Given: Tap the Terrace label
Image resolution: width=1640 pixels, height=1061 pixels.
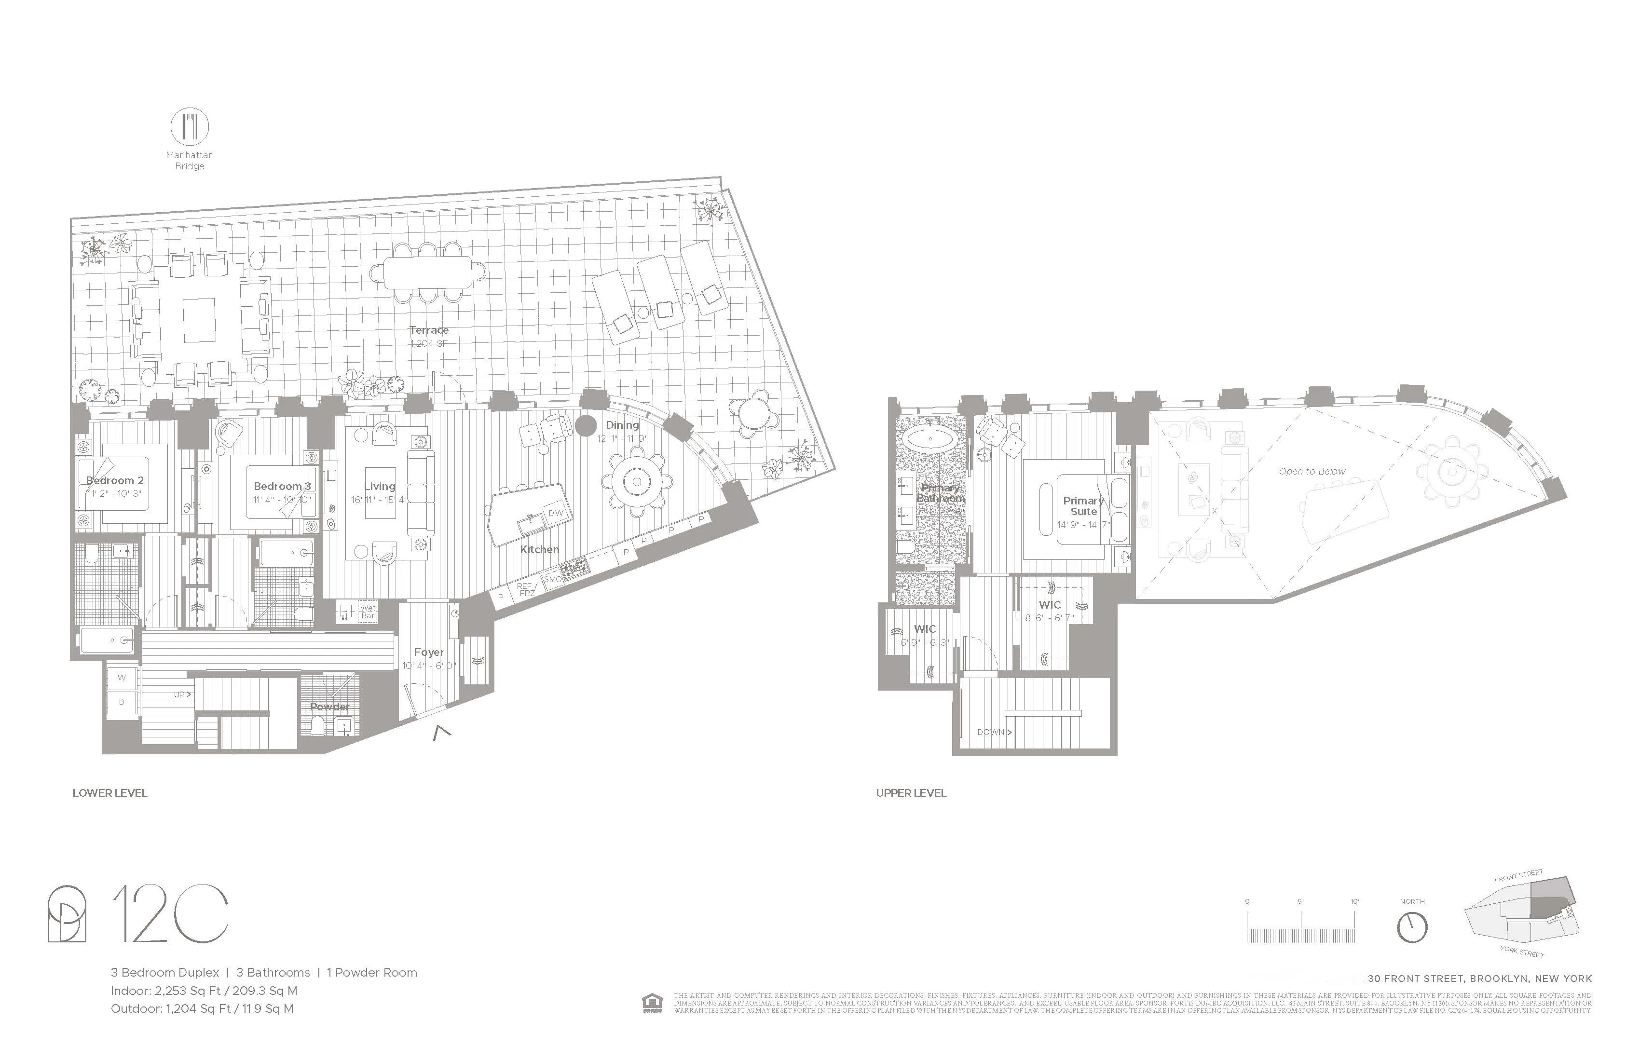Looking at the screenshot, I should [429, 330].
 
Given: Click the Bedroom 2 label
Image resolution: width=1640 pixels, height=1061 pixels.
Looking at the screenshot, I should [115, 480].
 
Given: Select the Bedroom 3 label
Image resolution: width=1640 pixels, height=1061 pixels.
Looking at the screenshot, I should [282, 486].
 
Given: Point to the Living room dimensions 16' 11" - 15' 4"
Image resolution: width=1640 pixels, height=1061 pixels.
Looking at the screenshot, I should [379, 500].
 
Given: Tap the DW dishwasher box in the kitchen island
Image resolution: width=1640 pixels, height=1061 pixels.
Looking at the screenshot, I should [555, 513].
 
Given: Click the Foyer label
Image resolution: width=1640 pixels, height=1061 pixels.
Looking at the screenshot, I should [429, 652].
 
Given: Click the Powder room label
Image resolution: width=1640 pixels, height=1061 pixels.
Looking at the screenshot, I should [329, 706].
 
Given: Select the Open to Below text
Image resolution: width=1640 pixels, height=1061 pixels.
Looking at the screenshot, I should [1312, 471].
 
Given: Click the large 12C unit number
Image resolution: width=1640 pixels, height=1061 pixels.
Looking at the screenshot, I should [170, 913].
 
